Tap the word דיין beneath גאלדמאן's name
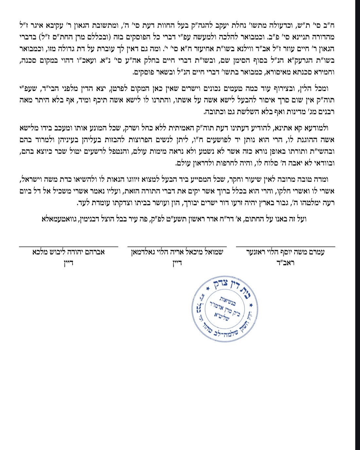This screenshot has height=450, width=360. click(x=177, y=262)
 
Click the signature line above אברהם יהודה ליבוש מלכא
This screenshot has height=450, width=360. click(x=68, y=246)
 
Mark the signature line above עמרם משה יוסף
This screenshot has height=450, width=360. click(x=285, y=246)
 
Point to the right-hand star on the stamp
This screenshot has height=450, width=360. click(x=251, y=305)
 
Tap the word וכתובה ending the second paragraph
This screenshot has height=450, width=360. click(x=213, y=112)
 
